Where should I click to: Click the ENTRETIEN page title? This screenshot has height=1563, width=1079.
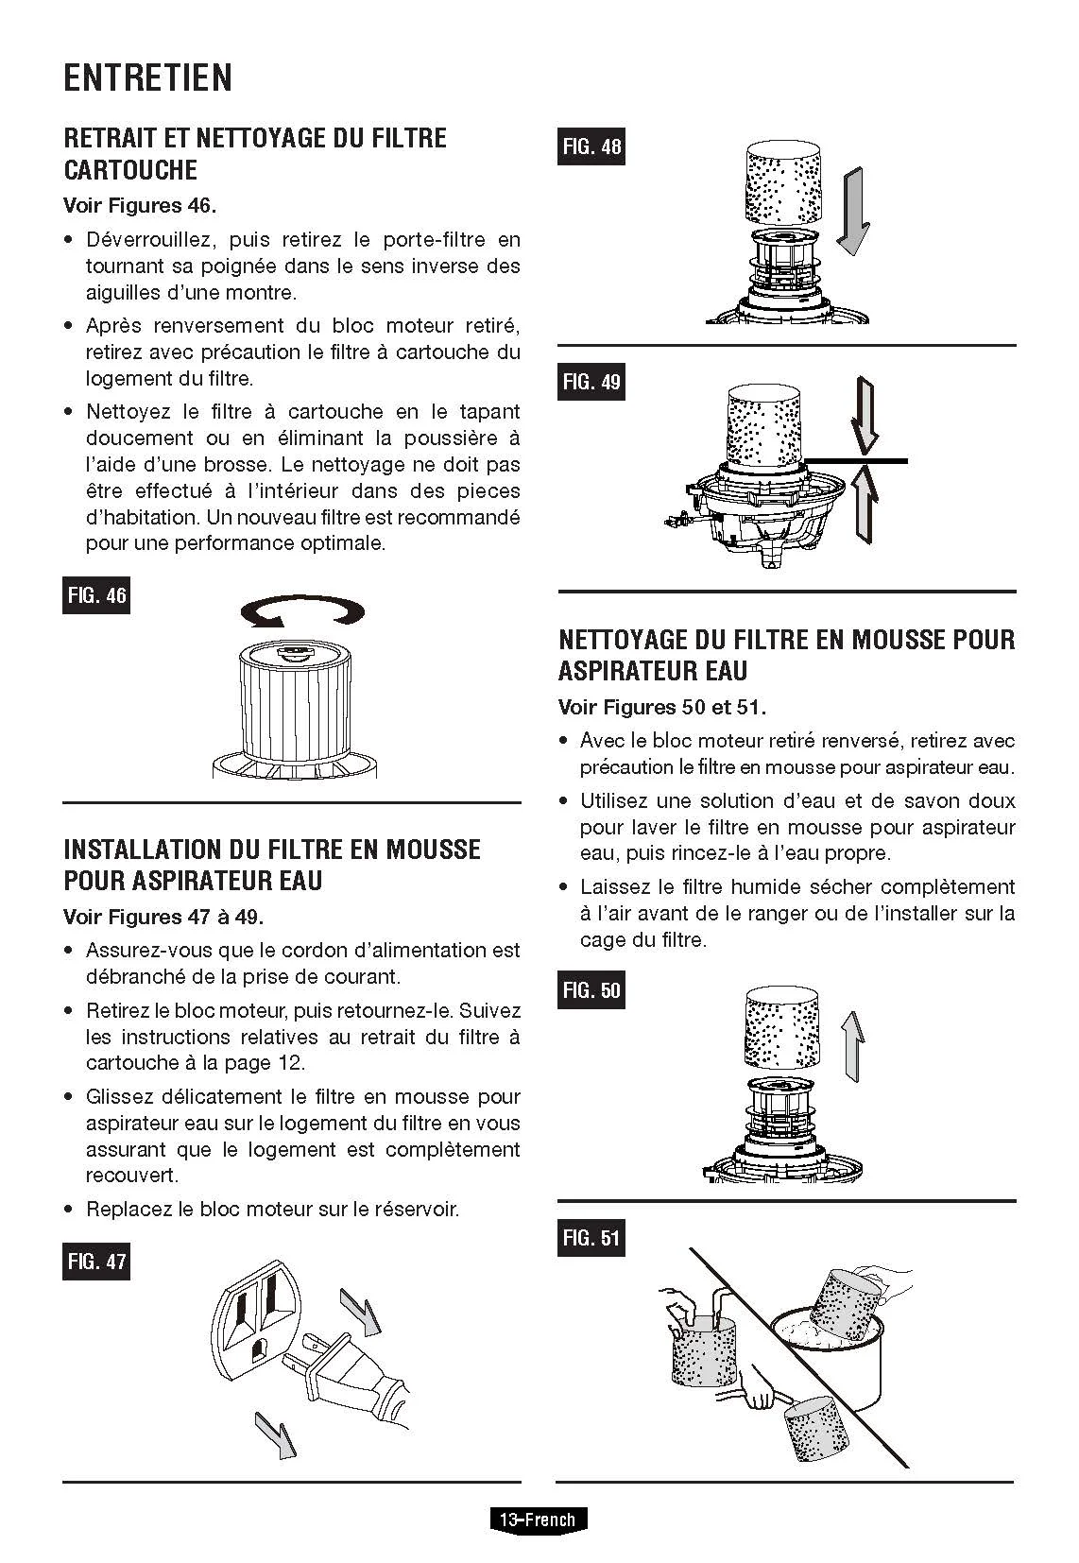(147, 77)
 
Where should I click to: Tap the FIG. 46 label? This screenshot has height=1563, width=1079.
(96, 596)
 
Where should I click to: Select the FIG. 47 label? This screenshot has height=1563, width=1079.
(96, 1262)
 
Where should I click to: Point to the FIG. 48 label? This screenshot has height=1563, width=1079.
(591, 146)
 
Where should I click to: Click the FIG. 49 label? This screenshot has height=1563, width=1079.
(591, 382)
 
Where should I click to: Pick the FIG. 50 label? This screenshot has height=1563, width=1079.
(591, 990)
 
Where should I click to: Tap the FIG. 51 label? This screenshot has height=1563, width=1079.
(591, 1238)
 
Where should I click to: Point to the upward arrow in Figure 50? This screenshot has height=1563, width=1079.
(851, 1043)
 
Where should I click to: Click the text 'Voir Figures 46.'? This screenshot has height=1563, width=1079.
(140, 205)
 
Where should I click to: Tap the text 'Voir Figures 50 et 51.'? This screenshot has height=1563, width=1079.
(662, 707)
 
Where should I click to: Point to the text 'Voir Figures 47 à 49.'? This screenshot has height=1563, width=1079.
(163, 917)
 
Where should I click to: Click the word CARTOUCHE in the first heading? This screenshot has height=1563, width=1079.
(130, 171)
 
